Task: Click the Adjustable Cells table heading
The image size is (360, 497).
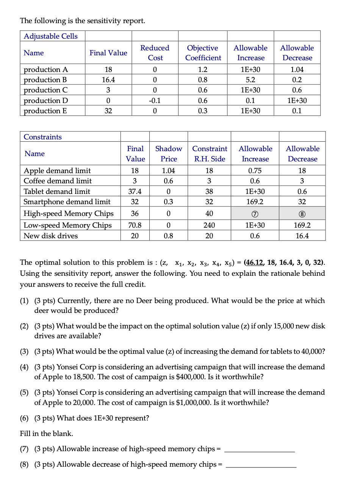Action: (51, 36)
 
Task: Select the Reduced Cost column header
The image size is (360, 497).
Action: (155, 53)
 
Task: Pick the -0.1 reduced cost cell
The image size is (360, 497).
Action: (155, 101)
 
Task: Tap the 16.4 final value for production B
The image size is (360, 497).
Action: (108, 80)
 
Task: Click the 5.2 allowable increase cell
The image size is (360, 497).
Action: (250, 80)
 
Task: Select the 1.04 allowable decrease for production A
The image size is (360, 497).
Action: (297, 70)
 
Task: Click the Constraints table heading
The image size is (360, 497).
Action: (42, 137)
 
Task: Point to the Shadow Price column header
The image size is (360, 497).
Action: (169, 154)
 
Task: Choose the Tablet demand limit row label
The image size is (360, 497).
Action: (57, 192)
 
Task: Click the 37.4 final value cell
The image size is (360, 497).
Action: (135, 192)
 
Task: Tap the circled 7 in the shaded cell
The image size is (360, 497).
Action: (255, 214)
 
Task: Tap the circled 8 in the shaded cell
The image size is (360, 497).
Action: (302, 214)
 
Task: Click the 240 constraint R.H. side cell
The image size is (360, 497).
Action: (209, 225)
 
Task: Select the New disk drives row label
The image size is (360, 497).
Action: (50, 236)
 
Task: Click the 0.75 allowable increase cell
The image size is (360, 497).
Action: (255, 171)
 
